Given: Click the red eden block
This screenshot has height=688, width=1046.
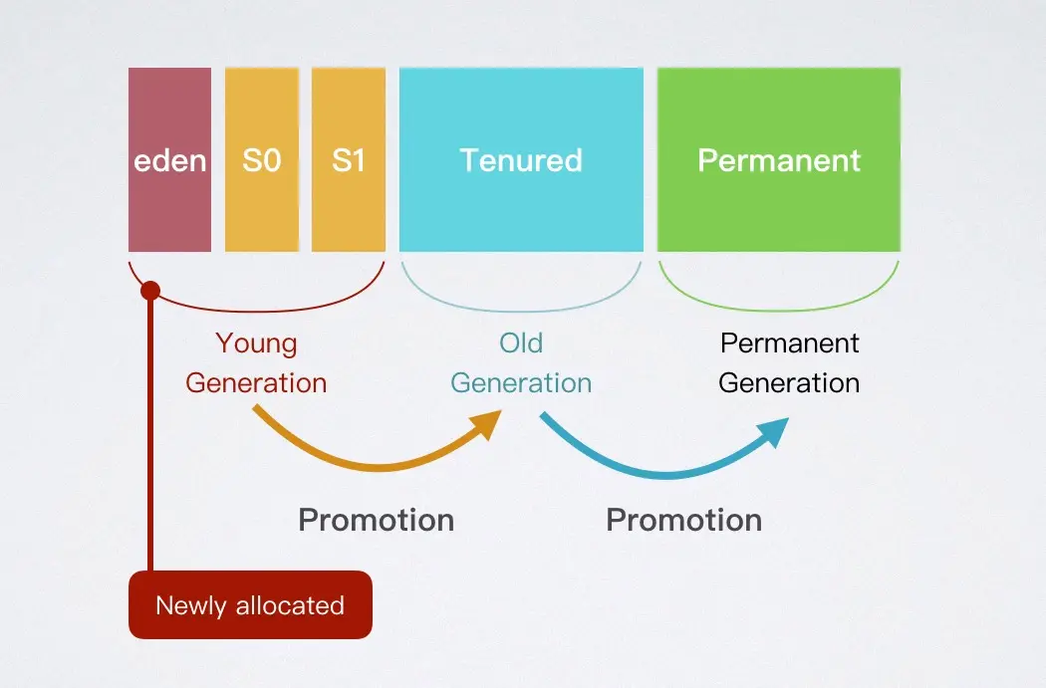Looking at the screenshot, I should point(169,159).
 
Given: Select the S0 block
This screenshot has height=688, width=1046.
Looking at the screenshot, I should point(261,159).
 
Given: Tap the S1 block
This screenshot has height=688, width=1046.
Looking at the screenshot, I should point(348,159).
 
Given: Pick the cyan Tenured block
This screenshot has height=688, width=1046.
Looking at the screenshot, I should point(521,159).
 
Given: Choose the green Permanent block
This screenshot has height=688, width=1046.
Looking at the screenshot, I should point(779,159).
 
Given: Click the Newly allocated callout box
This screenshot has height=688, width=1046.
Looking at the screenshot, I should point(250,604).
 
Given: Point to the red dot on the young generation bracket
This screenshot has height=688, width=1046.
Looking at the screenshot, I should point(150,291).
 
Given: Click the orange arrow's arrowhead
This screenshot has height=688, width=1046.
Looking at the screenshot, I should point(488,422).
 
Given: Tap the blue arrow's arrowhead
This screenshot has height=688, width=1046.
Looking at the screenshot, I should point(775,430).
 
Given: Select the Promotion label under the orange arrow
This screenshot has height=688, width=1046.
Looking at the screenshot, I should point(377,520).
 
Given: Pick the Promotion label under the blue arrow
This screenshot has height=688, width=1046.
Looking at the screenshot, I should point(684,520).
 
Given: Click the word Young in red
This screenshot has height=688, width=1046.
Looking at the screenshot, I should point(256,344).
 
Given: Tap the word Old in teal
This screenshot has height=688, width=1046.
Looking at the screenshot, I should point(521,344).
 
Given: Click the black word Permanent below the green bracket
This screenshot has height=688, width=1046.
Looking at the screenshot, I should point(789,344).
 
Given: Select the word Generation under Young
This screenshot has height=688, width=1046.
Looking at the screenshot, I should point(256,383).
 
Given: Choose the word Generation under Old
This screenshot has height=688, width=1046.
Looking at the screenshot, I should point(521,383).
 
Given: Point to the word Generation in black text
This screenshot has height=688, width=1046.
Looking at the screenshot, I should point(789,383).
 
